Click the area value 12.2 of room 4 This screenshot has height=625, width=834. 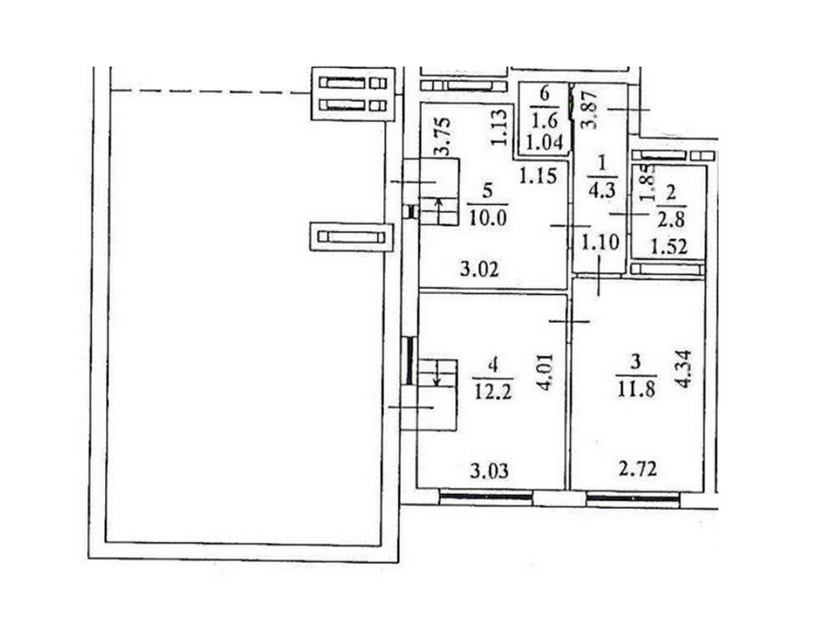coord(492,392)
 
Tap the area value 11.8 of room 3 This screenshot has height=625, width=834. coord(636,389)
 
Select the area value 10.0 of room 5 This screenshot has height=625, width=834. coord(488,217)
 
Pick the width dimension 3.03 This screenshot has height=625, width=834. coord(490,470)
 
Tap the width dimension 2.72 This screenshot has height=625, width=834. coord(638,468)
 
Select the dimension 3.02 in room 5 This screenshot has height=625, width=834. coord(480,269)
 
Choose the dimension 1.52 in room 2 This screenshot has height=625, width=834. coord(669,247)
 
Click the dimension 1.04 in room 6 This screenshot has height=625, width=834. coord(544,142)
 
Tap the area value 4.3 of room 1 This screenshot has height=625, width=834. coord(602,190)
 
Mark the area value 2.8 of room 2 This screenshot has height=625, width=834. coord(670,219)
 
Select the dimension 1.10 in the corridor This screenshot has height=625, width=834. coord(600,242)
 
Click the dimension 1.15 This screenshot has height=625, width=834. coord(538,175)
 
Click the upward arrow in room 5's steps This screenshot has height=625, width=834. coord(439,212)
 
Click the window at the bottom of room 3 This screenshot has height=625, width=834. coord(633,497)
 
